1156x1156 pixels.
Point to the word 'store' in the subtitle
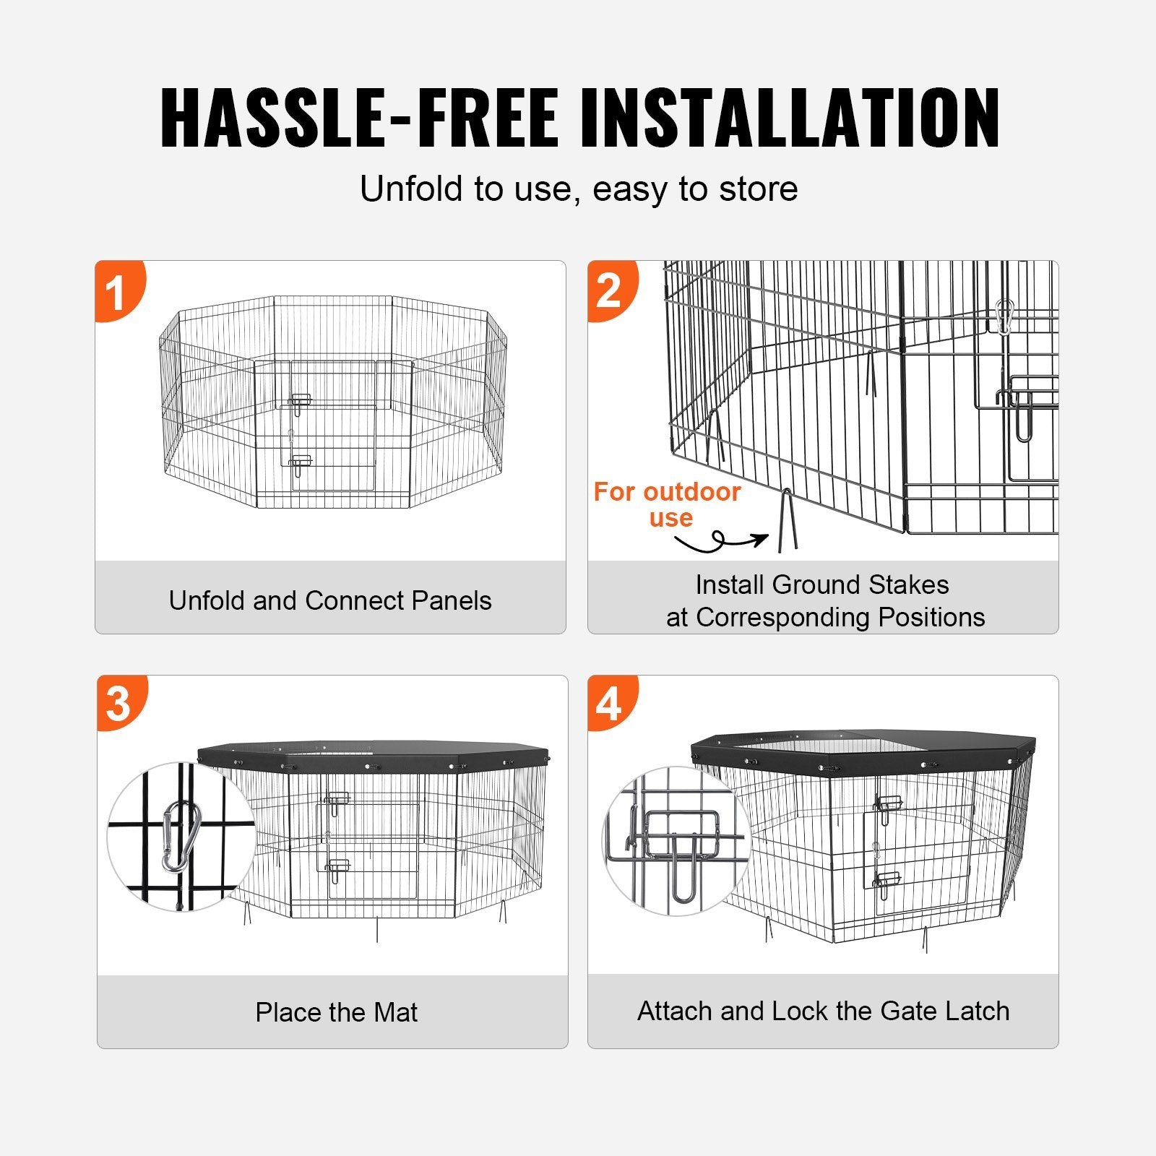click(758, 189)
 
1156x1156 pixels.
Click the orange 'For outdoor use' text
click(667, 504)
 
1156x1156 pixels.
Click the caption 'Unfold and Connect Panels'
click(330, 600)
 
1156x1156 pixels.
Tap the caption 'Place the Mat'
click(336, 1012)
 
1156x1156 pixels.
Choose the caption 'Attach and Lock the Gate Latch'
click(823, 1011)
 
